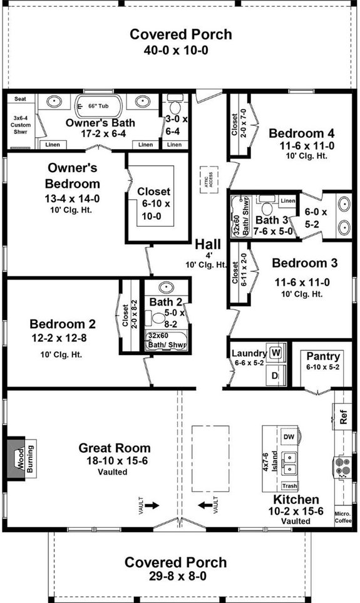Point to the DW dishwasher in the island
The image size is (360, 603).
click(289, 436)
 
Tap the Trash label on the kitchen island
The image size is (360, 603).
click(289, 486)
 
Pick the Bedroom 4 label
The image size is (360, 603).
click(301, 133)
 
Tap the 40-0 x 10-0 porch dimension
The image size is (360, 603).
click(180, 50)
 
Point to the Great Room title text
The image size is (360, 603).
click(114, 448)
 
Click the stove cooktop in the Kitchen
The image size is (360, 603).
click(343, 466)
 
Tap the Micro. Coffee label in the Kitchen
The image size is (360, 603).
click(343, 514)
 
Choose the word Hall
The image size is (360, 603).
click(207, 244)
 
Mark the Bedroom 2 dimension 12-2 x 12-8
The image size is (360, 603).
click(63, 339)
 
